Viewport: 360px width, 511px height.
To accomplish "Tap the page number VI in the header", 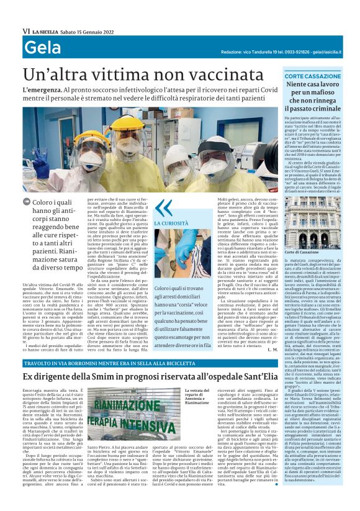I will pyautogui.click(x=26, y=30).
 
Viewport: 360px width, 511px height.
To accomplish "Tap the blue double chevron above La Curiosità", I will pyautogui.click(x=163, y=207).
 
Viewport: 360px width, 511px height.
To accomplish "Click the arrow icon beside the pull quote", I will pyautogui.click(x=26, y=202).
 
